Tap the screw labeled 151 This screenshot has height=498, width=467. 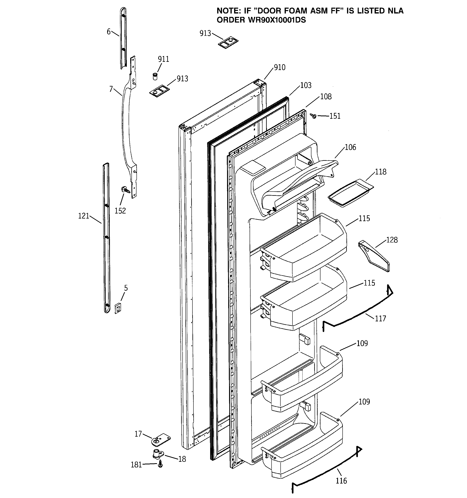pos(313,116)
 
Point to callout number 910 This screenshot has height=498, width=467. pos(279,67)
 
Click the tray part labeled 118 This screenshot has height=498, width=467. pos(350,193)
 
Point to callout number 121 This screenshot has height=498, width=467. pos(84,216)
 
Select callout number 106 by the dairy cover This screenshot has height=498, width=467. pos(350,147)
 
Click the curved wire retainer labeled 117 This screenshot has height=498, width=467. pos(359,314)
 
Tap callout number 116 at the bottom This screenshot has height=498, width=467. pos(341,481)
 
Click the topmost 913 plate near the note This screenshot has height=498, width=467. pos(228,43)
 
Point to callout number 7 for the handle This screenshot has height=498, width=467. pos(111,89)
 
